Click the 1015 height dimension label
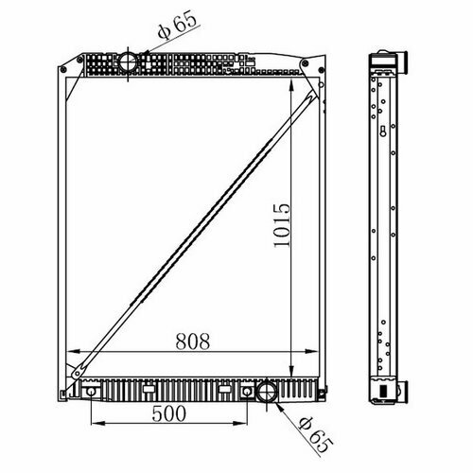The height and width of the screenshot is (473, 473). (x=282, y=225)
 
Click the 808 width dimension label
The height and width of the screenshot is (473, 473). (x=193, y=342)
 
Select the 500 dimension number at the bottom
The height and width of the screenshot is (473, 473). (x=168, y=413)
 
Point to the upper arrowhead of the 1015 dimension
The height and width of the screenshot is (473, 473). (x=291, y=85)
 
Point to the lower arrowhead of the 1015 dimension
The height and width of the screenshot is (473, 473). (x=291, y=370)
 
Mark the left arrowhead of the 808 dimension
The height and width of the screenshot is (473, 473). (x=73, y=351)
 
